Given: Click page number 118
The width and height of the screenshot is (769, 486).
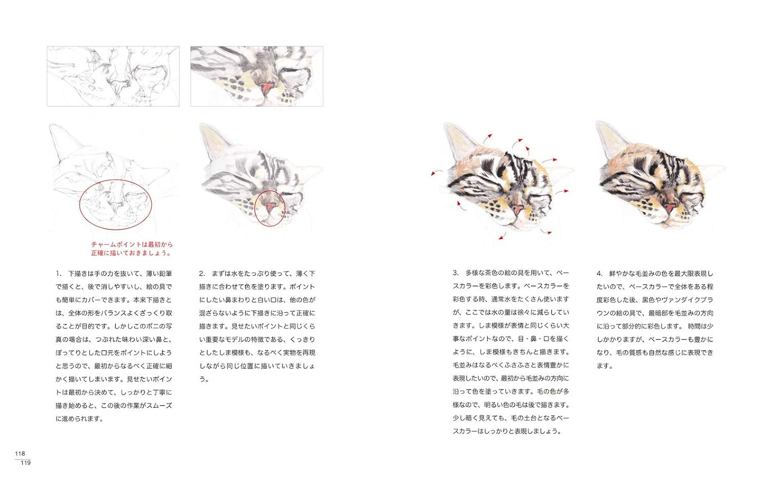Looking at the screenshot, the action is (x=20, y=453).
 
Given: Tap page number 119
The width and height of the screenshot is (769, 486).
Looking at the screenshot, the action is (x=26, y=462).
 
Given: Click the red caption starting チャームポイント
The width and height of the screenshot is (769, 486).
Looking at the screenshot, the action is (x=132, y=249).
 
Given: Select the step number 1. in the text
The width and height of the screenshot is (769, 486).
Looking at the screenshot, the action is (x=59, y=274).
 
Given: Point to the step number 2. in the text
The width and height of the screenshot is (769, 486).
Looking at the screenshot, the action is (x=202, y=274).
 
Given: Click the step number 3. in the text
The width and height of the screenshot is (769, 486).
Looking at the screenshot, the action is (x=456, y=273).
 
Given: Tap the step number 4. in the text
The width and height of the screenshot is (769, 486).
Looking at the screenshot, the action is (x=599, y=274).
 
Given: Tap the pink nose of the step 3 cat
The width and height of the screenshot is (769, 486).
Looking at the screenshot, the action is (x=517, y=210).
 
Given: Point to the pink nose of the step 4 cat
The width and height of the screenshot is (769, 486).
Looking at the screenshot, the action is (x=670, y=208).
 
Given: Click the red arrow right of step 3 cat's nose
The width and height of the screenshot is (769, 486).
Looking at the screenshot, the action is (x=562, y=192).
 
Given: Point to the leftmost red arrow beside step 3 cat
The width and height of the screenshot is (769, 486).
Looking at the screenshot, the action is (x=437, y=172).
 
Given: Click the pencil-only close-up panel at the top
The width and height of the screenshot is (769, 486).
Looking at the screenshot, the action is (x=113, y=76).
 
